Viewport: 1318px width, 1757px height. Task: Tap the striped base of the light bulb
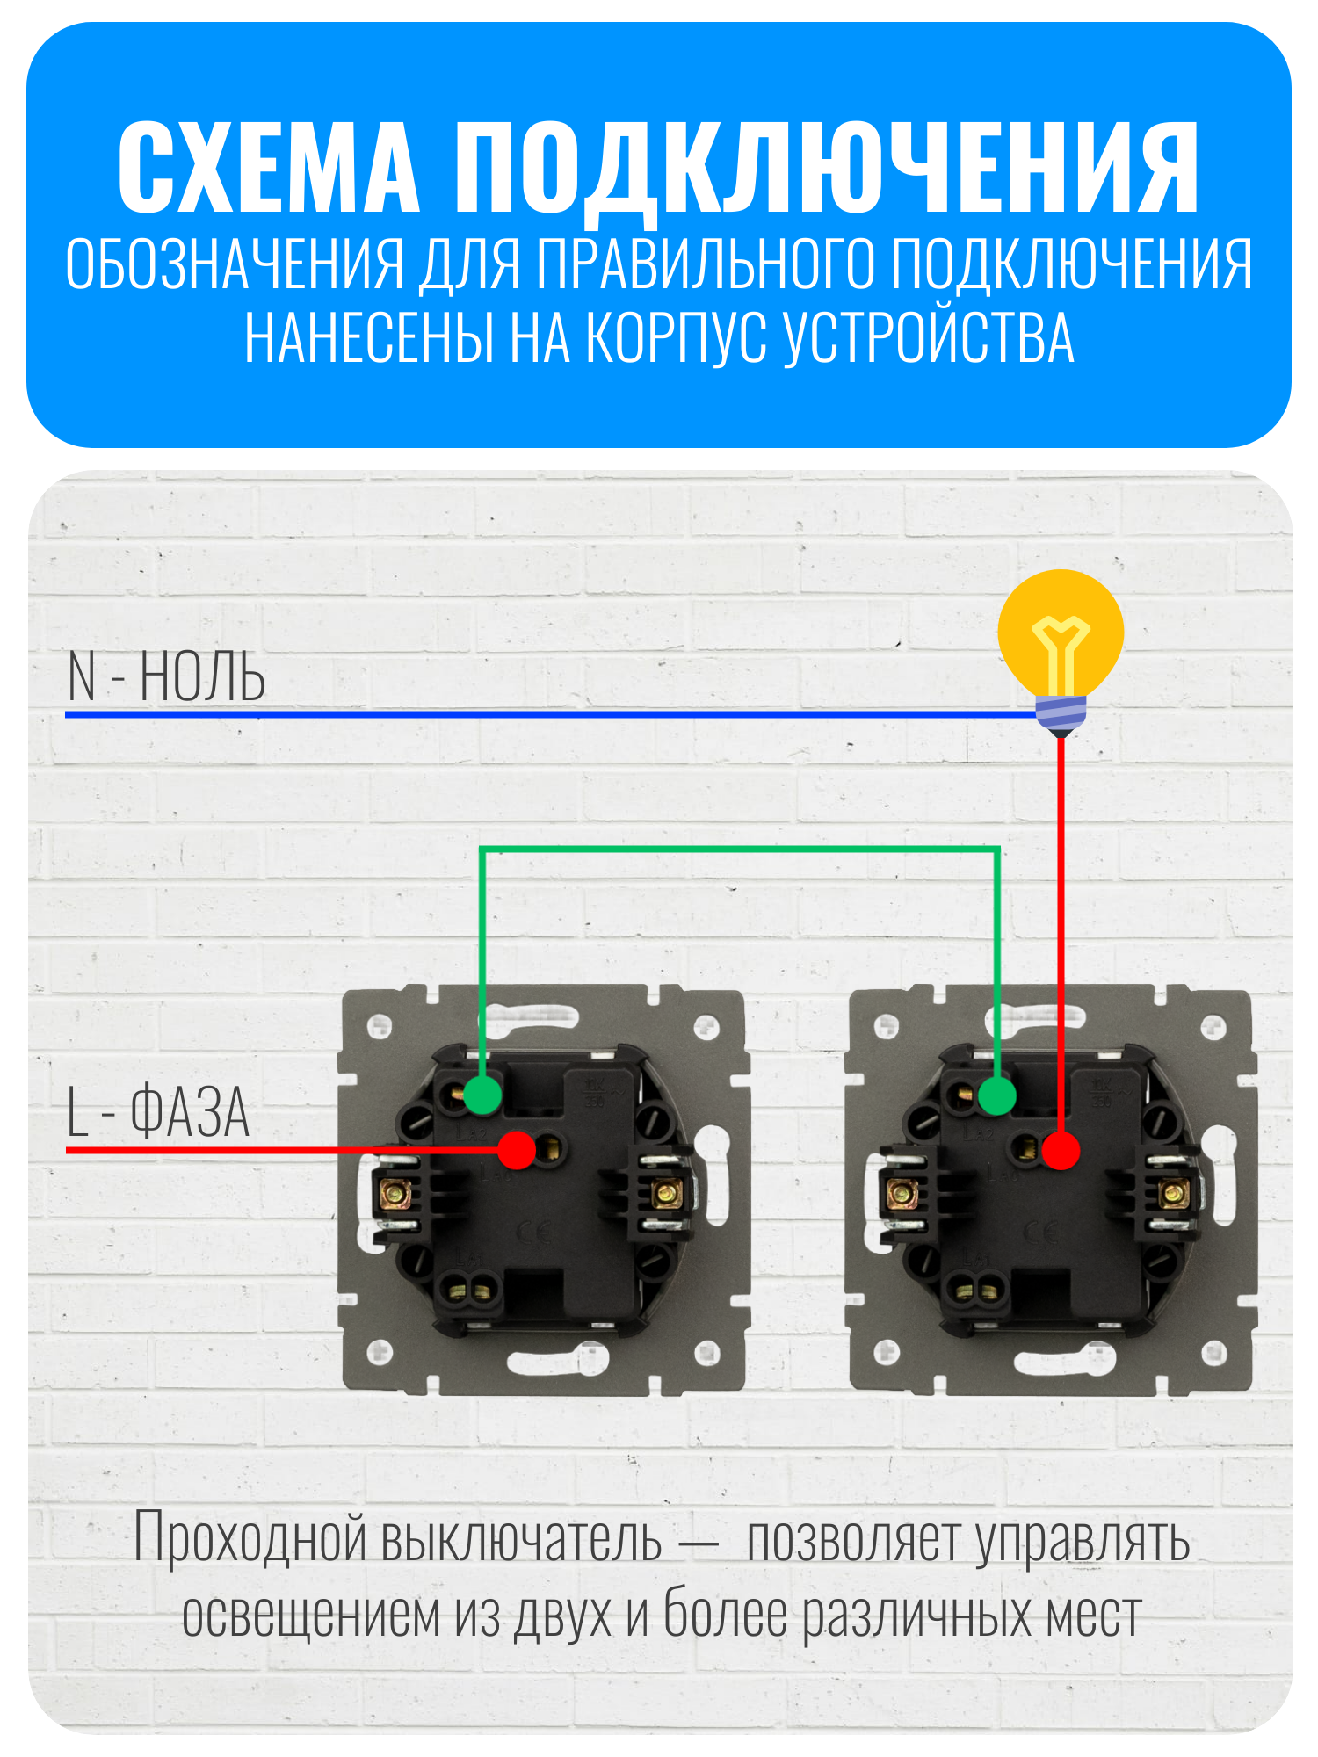[x=1061, y=715]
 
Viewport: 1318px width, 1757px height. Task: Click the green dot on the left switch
[x=482, y=1095]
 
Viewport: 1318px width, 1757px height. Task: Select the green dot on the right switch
[x=996, y=1095]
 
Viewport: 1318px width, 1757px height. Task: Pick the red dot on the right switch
[x=1061, y=1150]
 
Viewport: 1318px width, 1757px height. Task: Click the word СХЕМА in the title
[x=269, y=168]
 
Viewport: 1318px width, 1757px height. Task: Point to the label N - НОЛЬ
[x=166, y=677]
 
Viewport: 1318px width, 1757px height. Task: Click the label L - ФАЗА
[x=158, y=1112]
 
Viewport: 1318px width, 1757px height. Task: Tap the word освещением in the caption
[x=310, y=1615]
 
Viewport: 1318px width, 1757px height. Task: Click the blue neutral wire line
[x=551, y=714]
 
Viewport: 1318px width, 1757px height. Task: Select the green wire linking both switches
[x=739, y=850]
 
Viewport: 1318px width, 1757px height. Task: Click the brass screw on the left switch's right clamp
[x=666, y=1193]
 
